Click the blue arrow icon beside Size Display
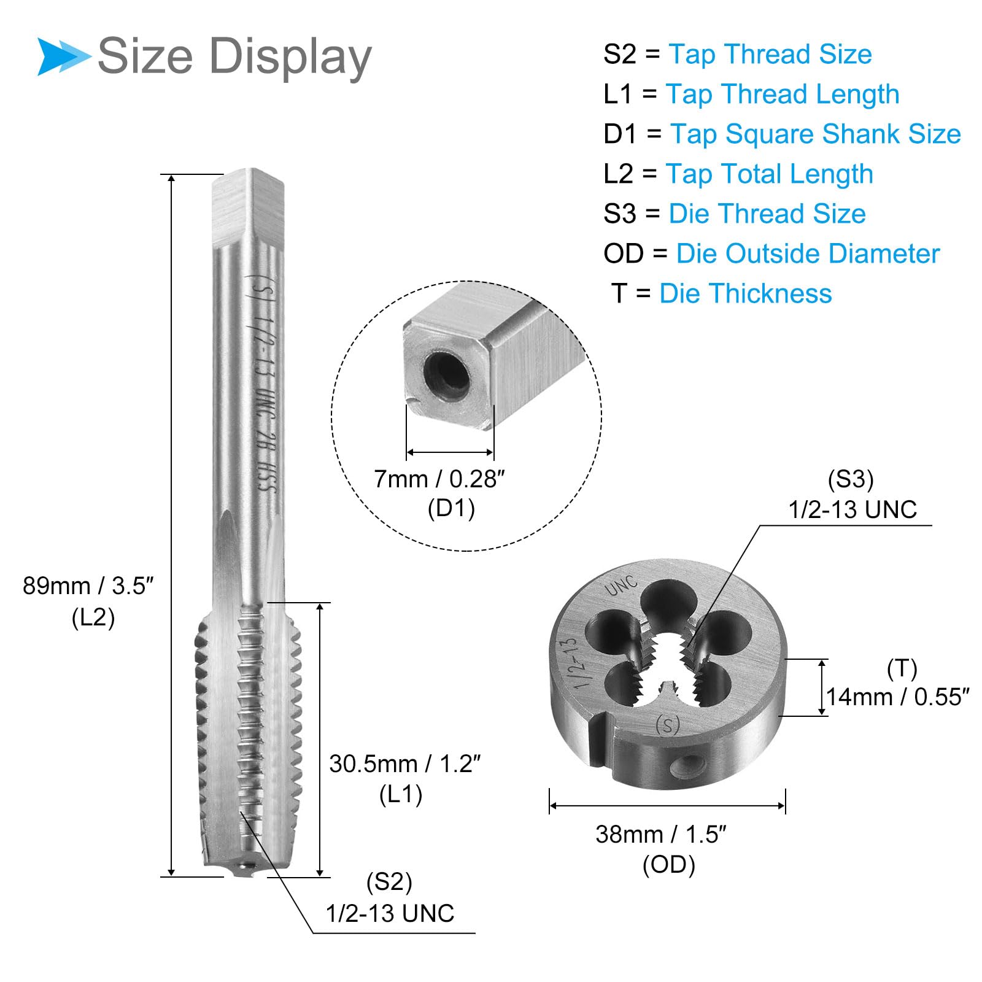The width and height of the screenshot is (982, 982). click(x=63, y=56)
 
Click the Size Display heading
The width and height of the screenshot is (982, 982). click(x=235, y=57)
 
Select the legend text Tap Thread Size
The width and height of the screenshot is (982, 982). click(x=770, y=54)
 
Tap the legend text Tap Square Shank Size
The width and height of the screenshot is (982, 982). click(x=816, y=134)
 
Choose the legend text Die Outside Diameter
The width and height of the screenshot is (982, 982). click(x=808, y=253)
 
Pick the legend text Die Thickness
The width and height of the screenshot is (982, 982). click(x=746, y=293)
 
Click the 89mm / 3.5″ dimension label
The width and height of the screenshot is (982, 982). click(x=88, y=586)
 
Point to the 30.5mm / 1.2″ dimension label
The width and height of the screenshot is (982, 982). click(x=405, y=764)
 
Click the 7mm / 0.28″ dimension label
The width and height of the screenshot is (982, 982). click(x=439, y=479)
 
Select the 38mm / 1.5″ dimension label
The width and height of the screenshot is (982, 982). click(x=662, y=834)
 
